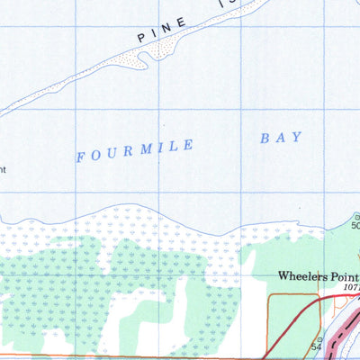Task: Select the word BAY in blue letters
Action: click(280, 138)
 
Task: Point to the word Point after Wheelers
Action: click(345, 276)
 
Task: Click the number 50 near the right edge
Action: click(355, 225)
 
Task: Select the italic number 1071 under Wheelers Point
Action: click(351, 289)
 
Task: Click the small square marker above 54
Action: click(317, 335)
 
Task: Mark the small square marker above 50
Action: click(356, 216)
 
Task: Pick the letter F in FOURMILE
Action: click(81, 157)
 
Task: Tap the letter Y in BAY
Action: click(296, 136)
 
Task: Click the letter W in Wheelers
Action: click(284, 276)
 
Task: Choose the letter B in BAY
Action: click(265, 139)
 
